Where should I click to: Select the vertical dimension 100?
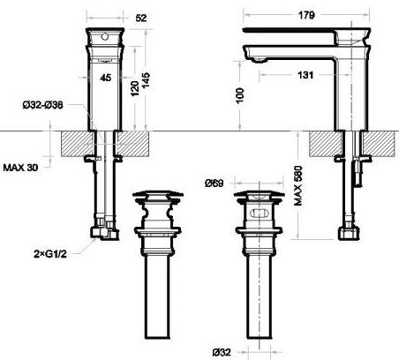pos(239,94)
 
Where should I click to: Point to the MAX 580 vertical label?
pos(298,188)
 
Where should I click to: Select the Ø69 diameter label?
pos(213,184)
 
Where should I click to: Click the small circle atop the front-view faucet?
pos(107,40)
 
